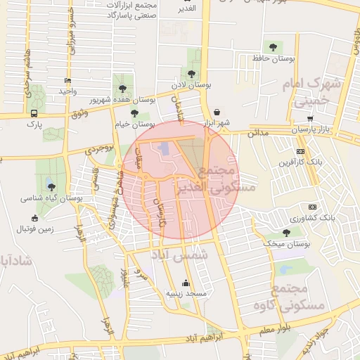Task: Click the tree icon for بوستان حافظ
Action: pos(272,47)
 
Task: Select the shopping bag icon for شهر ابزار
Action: pos(217,112)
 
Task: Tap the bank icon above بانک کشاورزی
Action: pos(312,207)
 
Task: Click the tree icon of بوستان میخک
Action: pos(285,233)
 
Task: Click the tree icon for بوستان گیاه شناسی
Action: pos(51,186)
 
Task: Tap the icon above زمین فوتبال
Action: pos(35,218)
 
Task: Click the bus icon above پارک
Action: pos(34,113)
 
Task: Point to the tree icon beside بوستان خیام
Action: pos(134,113)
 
